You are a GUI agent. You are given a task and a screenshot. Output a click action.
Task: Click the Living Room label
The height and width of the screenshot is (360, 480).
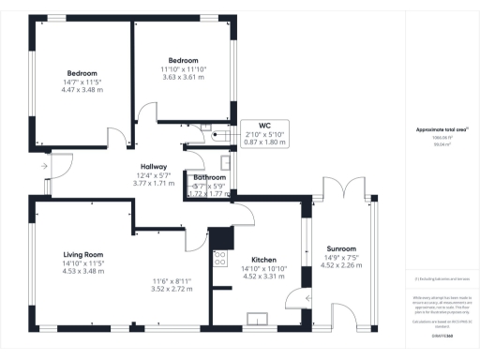82,254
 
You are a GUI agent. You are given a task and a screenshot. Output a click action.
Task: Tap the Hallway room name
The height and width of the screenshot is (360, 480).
153,166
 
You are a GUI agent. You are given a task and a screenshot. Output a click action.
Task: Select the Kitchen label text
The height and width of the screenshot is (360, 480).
263,260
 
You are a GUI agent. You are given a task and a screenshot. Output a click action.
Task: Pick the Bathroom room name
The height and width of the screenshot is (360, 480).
209,177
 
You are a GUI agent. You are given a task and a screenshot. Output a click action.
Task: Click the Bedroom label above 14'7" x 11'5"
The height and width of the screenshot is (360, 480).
82,73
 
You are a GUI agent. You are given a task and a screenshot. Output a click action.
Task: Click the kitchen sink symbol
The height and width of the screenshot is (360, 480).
255,319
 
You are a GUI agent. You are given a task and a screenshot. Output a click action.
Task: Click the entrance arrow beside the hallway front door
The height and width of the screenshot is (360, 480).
43,166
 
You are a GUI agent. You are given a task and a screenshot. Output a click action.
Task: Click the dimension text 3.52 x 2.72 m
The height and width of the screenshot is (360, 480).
172,290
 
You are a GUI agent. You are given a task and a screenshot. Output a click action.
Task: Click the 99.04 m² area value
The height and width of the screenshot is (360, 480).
434,145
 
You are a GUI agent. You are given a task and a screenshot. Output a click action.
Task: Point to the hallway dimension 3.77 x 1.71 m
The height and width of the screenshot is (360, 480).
153,184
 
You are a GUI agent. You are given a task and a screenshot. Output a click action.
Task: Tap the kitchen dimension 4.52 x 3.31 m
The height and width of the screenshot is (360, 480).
263,277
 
